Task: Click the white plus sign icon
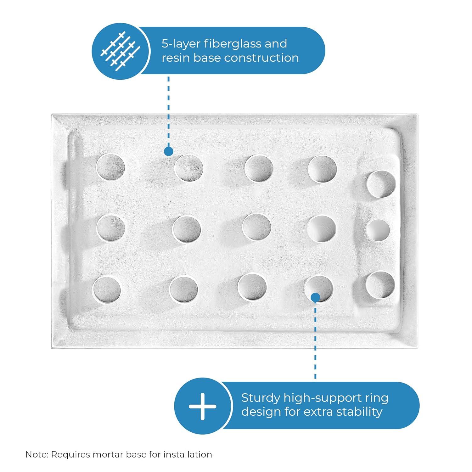point(202,406)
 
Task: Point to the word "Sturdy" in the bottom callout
point(260,398)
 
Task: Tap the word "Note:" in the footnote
point(37,454)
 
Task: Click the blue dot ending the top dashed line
point(169,151)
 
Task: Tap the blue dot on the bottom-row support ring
point(315,297)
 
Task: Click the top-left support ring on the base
point(110,167)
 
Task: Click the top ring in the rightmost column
point(381,184)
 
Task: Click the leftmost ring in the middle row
point(110,228)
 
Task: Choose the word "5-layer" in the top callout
point(180,44)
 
